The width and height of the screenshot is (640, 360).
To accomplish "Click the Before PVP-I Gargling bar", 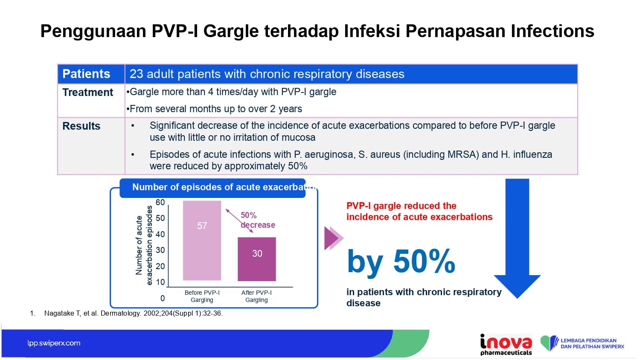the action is coord(202,241).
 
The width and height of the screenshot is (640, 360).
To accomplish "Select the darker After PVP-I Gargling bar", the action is coord(257,259).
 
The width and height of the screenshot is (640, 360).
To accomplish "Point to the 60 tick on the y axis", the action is coord(160,202).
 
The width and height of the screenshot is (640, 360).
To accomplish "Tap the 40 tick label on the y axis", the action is coord(160,234).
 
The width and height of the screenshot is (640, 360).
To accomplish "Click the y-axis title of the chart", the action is coord(144,245).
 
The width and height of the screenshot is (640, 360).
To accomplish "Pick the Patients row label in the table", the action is coord(86,74).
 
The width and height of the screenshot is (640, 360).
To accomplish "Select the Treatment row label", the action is coord(88,92).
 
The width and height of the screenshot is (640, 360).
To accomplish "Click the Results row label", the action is coord(81,126).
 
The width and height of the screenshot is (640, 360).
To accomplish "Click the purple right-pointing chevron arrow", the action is coord(334,238).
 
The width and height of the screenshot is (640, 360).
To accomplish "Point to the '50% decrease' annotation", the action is coord(258,220).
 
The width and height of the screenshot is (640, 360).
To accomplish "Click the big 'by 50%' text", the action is coord(401,261).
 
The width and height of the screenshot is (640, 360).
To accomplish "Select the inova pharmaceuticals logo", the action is coord(506,344).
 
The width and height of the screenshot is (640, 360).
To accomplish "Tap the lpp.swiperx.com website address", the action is coord(54,343).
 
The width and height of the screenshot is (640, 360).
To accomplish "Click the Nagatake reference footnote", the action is coord(126,313).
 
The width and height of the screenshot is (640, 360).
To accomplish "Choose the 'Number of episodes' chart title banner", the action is coord(212,188).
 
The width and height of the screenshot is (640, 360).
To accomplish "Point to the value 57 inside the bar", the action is coord(202,226).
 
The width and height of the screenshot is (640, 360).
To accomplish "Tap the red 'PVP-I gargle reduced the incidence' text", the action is coord(419,212).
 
